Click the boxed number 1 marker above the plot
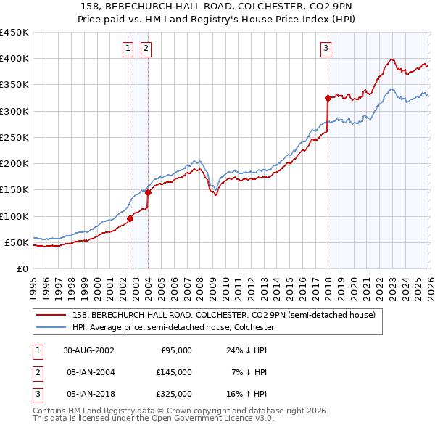128,49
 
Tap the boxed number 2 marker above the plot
146,49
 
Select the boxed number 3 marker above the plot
326,49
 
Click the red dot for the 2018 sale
328,98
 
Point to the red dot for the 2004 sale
148,192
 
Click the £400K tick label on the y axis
14,59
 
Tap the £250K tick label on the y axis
14,137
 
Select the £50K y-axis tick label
17,242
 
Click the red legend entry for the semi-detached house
223,315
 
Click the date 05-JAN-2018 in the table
88,394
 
